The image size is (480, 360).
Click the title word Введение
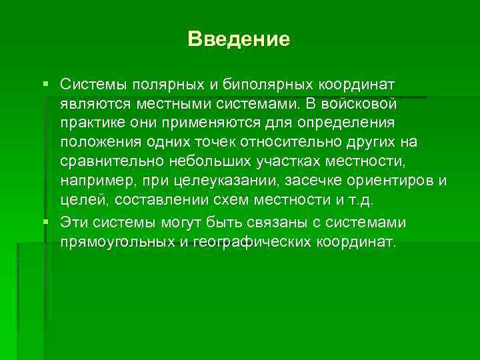click(x=239, y=39)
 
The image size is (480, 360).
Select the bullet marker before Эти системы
click(x=45, y=221)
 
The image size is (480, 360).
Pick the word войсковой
click(x=359, y=105)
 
